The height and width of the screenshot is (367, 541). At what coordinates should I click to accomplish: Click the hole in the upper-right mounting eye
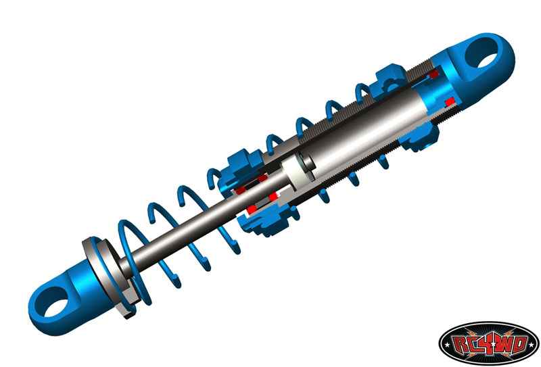pos(481,53)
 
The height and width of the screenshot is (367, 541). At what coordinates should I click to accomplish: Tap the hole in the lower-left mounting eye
pos(55,302)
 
